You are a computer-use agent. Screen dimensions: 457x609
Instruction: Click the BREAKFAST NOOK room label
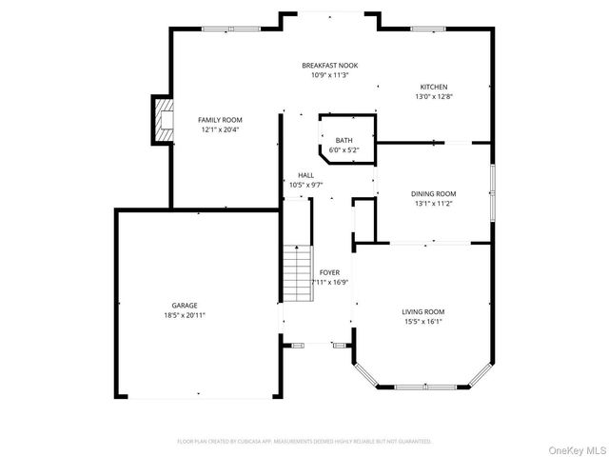click(330, 65)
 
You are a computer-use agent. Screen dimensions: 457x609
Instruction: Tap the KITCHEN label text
click(433, 87)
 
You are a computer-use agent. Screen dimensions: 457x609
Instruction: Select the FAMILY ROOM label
click(219, 120)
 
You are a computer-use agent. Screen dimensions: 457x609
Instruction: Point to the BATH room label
click(344, 140)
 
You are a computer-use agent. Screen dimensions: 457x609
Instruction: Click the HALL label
click(305, 175)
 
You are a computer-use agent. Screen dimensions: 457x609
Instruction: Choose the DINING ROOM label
click(433, 193)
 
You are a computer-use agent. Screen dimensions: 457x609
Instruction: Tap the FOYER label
click(329, 272)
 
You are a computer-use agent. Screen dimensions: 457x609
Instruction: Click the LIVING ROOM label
click(422, 311)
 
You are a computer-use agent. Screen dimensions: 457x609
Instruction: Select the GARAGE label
click(185, 306)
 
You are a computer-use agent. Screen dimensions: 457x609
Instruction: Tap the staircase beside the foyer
click(298, 273)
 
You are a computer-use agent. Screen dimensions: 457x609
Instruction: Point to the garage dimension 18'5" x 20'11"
click(185, 315)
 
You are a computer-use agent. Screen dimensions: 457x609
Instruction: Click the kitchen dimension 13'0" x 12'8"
click(433, 96)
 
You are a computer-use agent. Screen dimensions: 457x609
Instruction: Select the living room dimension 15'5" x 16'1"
click(422, 321)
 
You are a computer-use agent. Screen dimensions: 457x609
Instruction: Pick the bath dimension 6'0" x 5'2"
click(344, 149)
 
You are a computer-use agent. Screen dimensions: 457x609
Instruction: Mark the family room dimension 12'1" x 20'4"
click(219, 129)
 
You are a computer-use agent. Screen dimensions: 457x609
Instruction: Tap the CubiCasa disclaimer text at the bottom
click(304, 442)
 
